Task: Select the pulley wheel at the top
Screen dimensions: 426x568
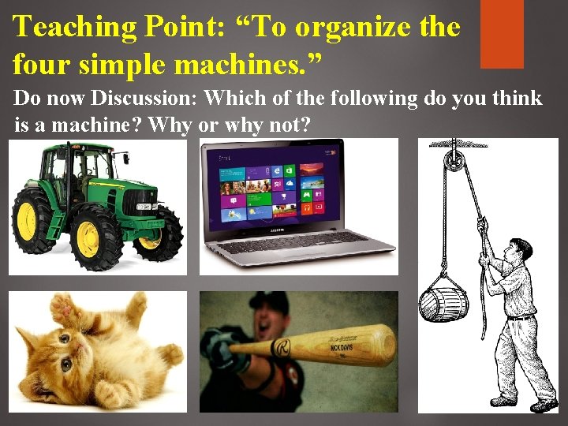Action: [x=452, y=157]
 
